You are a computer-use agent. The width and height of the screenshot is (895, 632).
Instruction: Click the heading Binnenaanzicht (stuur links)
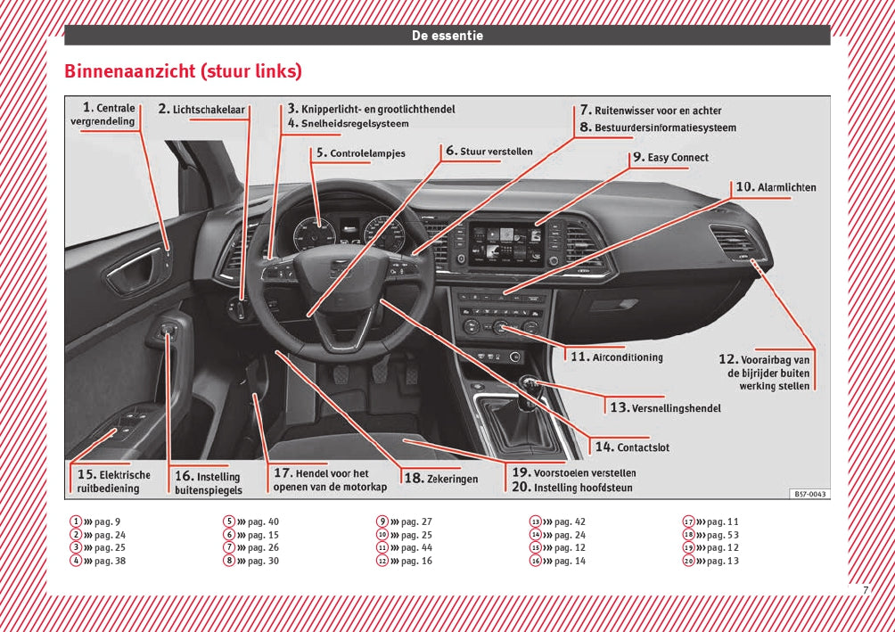(183, 71)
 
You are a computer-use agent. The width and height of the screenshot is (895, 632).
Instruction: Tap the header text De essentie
(447, 36)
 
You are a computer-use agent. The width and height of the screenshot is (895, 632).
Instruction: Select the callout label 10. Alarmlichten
(776, 187)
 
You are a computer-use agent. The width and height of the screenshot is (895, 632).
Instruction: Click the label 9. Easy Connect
(670, 158)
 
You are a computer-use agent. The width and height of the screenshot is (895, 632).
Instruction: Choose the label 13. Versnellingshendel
(665, 407)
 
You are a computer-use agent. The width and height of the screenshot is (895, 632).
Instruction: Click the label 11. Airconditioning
(617, 357)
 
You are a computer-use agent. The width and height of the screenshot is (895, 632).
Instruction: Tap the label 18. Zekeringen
(441, 479)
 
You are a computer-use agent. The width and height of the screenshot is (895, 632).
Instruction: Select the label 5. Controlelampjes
(360, 153)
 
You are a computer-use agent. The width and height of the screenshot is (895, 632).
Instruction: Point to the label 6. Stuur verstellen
(489, 152)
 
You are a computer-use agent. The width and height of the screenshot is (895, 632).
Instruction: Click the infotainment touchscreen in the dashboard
(505, 241)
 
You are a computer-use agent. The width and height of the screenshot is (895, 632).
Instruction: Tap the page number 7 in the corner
(865, 590)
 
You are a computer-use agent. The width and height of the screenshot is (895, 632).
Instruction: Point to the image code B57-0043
(809, 494)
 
